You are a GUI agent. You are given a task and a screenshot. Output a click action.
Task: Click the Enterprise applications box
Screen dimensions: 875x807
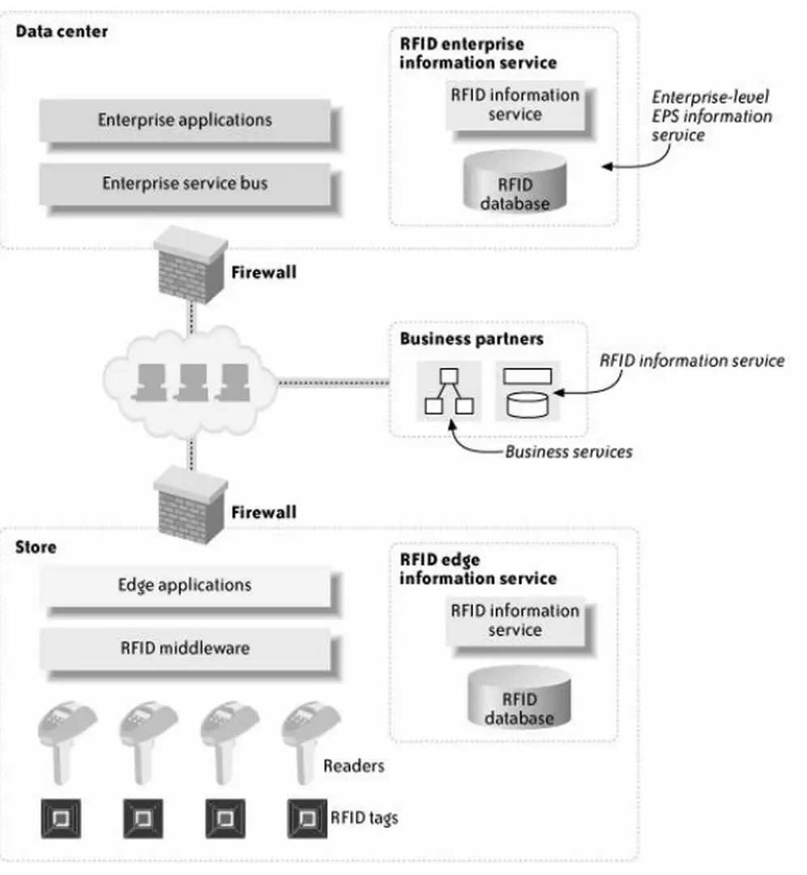[185, 121]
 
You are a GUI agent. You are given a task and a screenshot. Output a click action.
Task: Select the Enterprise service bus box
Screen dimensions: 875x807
[185, 184]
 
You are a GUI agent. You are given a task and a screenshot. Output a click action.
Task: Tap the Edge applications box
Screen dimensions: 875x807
[185, 585]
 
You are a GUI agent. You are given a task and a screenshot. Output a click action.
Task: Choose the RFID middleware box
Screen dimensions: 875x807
[185, 648]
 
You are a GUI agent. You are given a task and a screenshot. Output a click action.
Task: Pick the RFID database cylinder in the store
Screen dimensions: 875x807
[519, 698]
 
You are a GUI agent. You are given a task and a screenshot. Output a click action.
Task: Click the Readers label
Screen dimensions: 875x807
[354, 765]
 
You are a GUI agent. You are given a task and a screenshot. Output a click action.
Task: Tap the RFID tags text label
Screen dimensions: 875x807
[364, 817]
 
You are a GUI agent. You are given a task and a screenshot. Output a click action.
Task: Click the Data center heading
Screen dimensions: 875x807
[62, 32]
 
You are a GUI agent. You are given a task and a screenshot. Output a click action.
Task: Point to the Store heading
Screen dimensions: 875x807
[36, 547]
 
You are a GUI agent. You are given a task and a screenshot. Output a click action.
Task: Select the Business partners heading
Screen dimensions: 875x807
[471, 339]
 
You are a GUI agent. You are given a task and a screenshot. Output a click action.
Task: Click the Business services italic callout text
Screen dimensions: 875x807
[568, 451]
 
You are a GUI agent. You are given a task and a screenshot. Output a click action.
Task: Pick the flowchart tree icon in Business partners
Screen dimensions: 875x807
[449, 391]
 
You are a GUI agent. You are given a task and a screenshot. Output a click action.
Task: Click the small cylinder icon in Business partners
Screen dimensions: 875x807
[527, 403]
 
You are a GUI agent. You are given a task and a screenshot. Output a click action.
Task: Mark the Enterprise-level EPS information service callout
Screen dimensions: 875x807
[711, 116]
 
